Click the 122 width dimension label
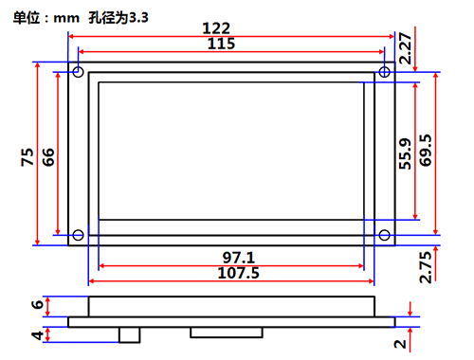[x=216, y=28]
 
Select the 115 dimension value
[x=221, y=44]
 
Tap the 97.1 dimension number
[x=239, y=258]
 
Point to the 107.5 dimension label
[x=239, y=273]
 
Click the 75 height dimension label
[x=27, y=157]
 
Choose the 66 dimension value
[x=48, y=157]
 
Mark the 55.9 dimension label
[x=405, y=153]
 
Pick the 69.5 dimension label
[x=426, y=151]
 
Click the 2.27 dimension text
[x=406, y=48]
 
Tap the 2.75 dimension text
[x=426, y=267]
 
